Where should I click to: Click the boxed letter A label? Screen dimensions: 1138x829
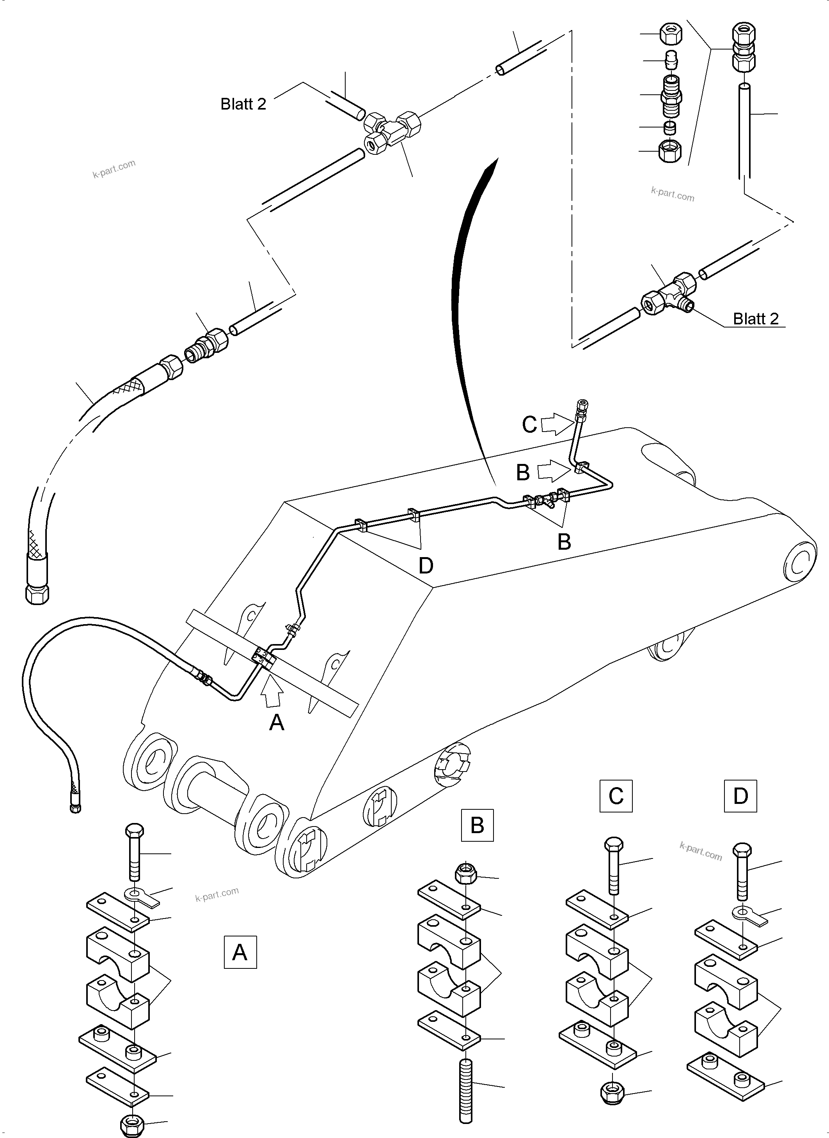point(240,952)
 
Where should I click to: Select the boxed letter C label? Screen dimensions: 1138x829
point(616,796)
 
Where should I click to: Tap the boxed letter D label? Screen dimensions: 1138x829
point(740,796)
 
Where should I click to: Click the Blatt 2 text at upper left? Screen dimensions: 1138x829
point(243,104)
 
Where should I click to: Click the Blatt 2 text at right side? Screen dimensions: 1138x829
point(756,319)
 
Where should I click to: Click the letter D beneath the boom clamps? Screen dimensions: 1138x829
point(425,565)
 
